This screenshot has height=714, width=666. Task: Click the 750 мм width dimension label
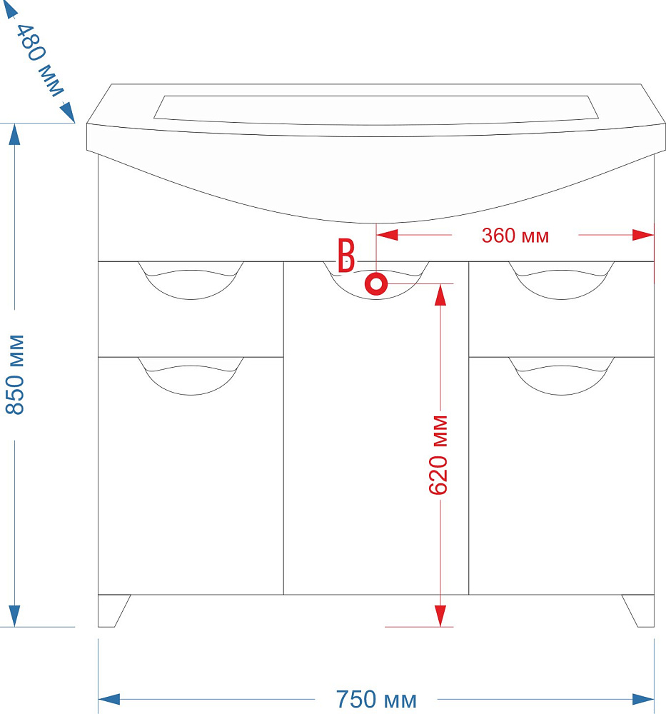pos(376,700)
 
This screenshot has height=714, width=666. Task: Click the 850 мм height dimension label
pos(16,374)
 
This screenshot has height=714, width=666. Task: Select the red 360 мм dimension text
pos(515,236)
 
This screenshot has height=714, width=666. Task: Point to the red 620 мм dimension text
pos(438,454)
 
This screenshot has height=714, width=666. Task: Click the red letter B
pos(346,256)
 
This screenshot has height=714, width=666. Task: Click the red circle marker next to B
pos(376,284)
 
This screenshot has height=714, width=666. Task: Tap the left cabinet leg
pos(112,610)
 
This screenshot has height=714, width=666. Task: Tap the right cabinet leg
pos(639,610)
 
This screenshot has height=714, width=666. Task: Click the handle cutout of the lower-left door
pos(191,375)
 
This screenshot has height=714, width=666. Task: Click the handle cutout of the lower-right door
pos(561,375)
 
